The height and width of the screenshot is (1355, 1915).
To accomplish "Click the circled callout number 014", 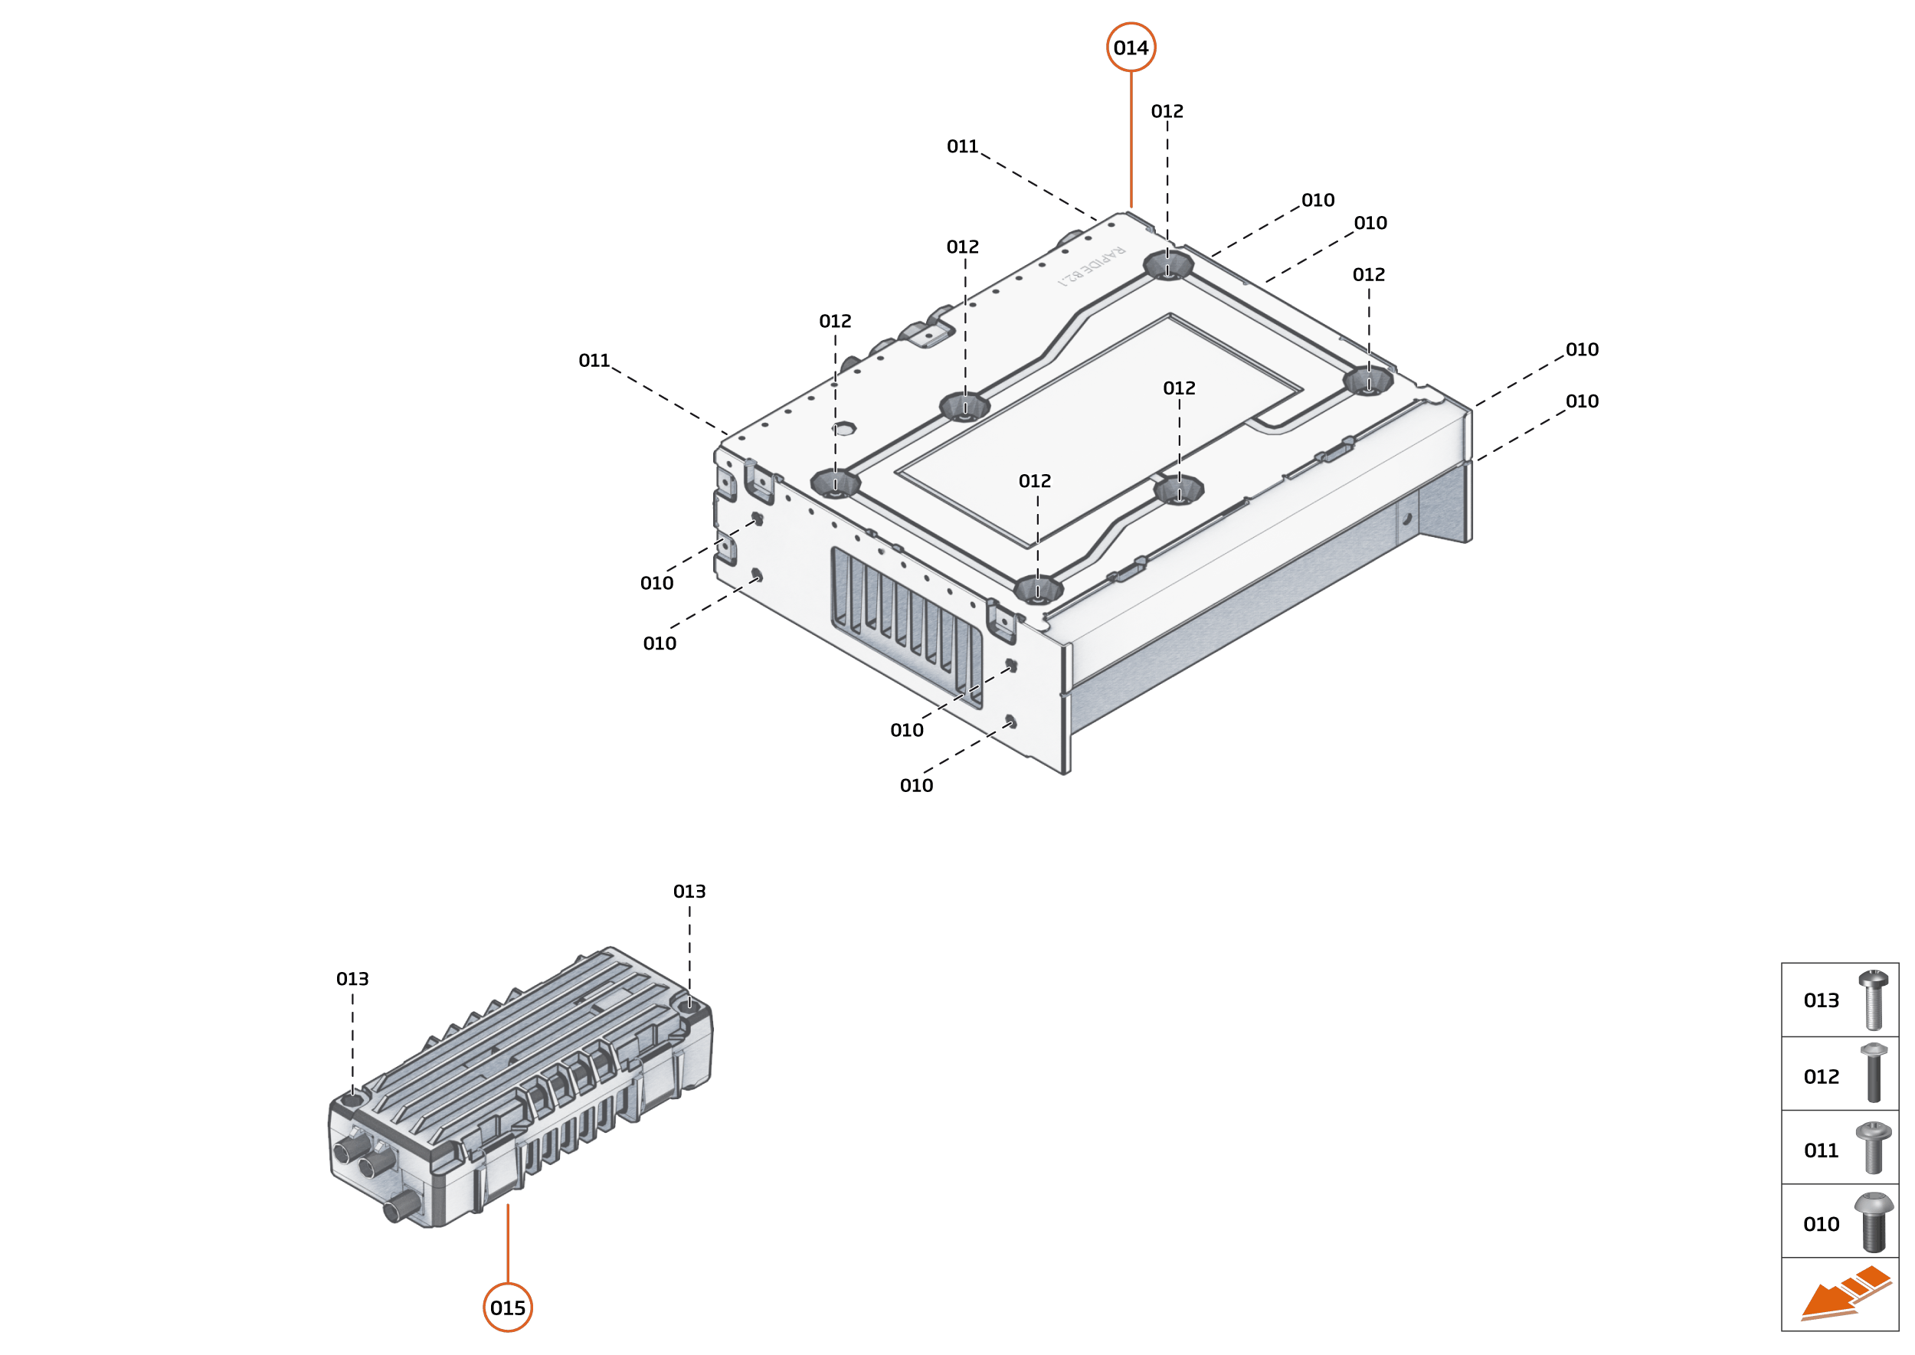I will point(1131,47).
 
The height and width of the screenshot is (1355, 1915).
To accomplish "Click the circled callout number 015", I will point(507,1308).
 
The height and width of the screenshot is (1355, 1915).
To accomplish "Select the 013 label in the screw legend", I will point(1821,1000).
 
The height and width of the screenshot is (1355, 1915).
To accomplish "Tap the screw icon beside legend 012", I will point(1874,1073).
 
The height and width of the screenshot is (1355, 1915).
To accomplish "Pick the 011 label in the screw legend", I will point(1821,1150).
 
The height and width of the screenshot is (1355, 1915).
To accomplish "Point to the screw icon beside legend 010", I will point(1874,1222).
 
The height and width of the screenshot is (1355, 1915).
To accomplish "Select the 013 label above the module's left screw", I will point(352,979).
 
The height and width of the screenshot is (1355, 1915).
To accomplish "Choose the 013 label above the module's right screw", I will point(689,891).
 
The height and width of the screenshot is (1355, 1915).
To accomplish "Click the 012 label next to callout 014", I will point(1167,111).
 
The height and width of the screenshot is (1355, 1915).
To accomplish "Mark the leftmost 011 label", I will point(594,361).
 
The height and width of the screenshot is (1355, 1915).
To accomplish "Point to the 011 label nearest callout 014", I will point(962,147).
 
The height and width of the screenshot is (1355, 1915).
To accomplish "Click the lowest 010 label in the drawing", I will point(916,785).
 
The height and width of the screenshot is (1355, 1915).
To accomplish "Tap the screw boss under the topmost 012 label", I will point(1167,266).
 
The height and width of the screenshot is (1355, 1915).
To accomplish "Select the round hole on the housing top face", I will point(843,429).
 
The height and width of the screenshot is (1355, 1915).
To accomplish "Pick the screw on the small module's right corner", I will point(689,1007).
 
